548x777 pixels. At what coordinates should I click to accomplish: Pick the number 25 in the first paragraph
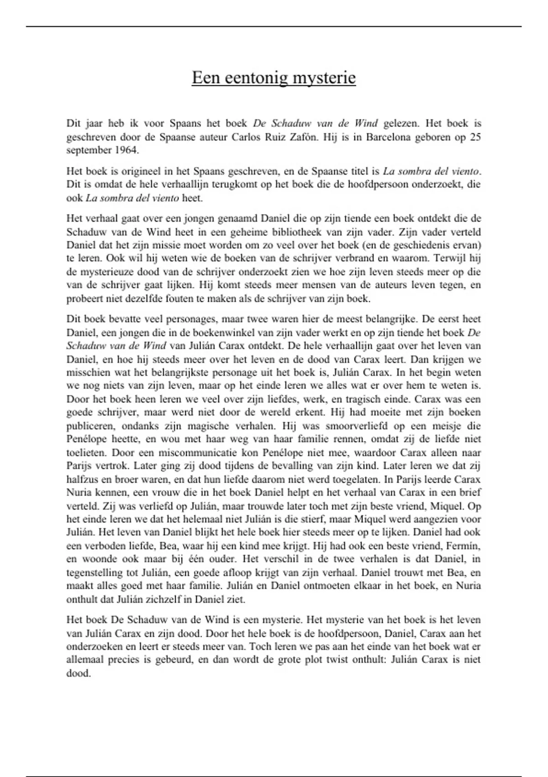pos(475,137)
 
